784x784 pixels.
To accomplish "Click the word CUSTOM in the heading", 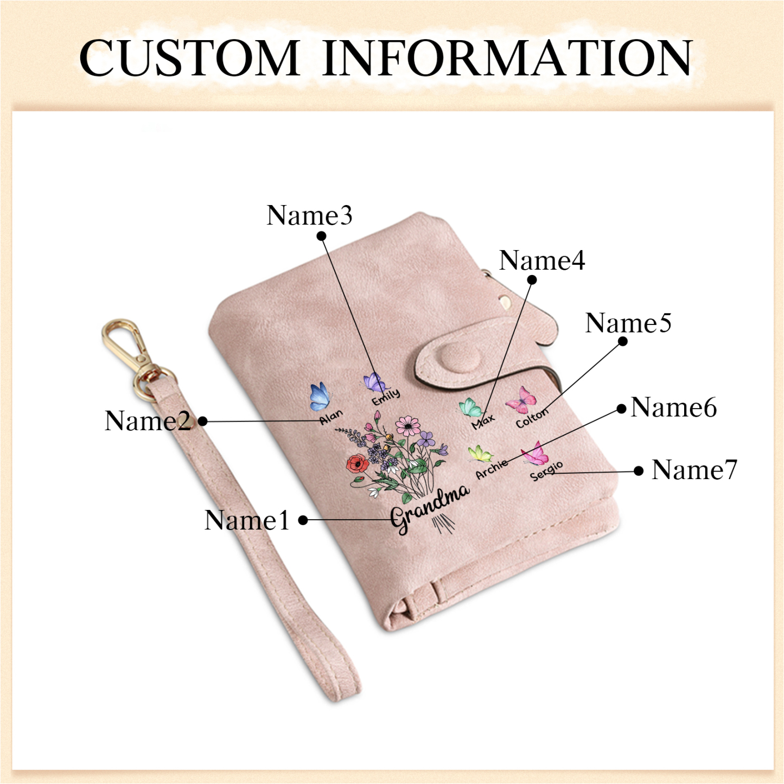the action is tap(189, 58).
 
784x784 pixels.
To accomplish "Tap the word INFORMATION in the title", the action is tap(507, 58).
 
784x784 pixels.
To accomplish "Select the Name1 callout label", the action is tap(246, 520).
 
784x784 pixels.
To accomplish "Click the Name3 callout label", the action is tap(309, 215).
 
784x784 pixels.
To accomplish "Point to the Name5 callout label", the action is tap(628, 323).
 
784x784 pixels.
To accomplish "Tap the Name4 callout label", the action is tap(542, 260).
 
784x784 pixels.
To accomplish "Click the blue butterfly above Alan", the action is tap(320, 396).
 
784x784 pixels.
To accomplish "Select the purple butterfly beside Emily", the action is tap(375, 383).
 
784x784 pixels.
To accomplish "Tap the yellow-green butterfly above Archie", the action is tap(481, 454).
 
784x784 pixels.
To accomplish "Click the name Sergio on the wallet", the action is tap(546, 471).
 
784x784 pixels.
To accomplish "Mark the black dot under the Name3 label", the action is tap(321, 236).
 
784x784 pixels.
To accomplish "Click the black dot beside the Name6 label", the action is tap(621, 409).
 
